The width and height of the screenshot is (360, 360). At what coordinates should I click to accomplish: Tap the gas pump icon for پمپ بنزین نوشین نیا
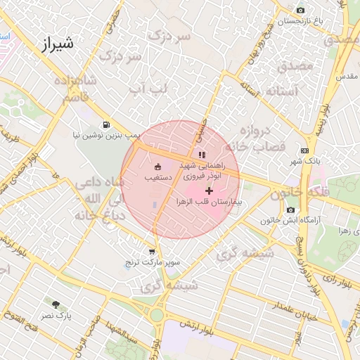pyautogui.click(x=106, y=124)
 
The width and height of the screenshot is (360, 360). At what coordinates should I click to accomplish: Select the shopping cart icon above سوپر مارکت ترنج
pyautogui.click(x=152, y=252)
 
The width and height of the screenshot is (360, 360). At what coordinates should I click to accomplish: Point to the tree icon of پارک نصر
pyautogui.click(x=56, y=305)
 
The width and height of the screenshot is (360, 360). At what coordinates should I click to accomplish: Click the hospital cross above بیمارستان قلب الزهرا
pyautogui.click(x=209, y=191)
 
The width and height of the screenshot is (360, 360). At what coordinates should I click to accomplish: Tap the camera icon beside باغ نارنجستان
pyautogui.click(x=301, y=10)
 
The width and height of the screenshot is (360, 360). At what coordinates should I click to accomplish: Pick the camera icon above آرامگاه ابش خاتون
pyautogui.click(x=290, y=210)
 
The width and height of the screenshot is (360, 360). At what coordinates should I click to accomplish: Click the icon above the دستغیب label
pyautogui.click(x=157, y=167)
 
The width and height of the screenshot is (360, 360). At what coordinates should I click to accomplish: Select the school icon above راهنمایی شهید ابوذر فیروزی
pyautogui.click(x=202, y=155)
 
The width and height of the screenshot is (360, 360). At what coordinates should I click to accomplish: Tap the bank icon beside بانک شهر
pyautogui.click(x=304, y=150)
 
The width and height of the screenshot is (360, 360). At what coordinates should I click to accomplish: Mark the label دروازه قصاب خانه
pyautogui.click(x=260, y=139)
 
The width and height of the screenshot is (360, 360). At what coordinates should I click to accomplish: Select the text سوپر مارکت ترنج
pyautogui.click(x=154, y=262)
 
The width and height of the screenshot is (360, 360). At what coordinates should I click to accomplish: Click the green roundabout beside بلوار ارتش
pyautogui.click(x=156, y=315)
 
